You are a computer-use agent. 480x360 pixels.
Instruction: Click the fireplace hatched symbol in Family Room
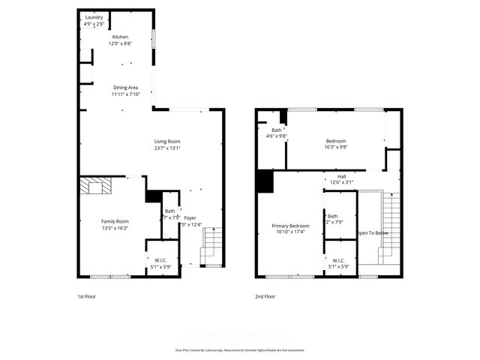pyautogui.click(x=95, y=185)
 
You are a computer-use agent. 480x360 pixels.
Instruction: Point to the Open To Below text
pyautogui.click(x=373, y=233)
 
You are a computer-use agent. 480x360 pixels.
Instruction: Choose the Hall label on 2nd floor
pyautogui.click(x=341, y=178)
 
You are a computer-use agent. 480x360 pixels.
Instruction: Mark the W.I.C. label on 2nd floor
pyautogui.click(x=339, y=263)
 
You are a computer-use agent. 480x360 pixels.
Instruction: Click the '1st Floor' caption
pyautogui.click(x=86, y=296)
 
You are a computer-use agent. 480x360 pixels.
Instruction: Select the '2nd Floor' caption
pyautogui.click(x=265, y=296)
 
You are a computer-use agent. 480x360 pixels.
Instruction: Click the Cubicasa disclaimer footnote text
pyautogui.click(x=240, y=349)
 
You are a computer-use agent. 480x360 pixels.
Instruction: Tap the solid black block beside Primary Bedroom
pyautogui.click(x=264, y=182)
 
